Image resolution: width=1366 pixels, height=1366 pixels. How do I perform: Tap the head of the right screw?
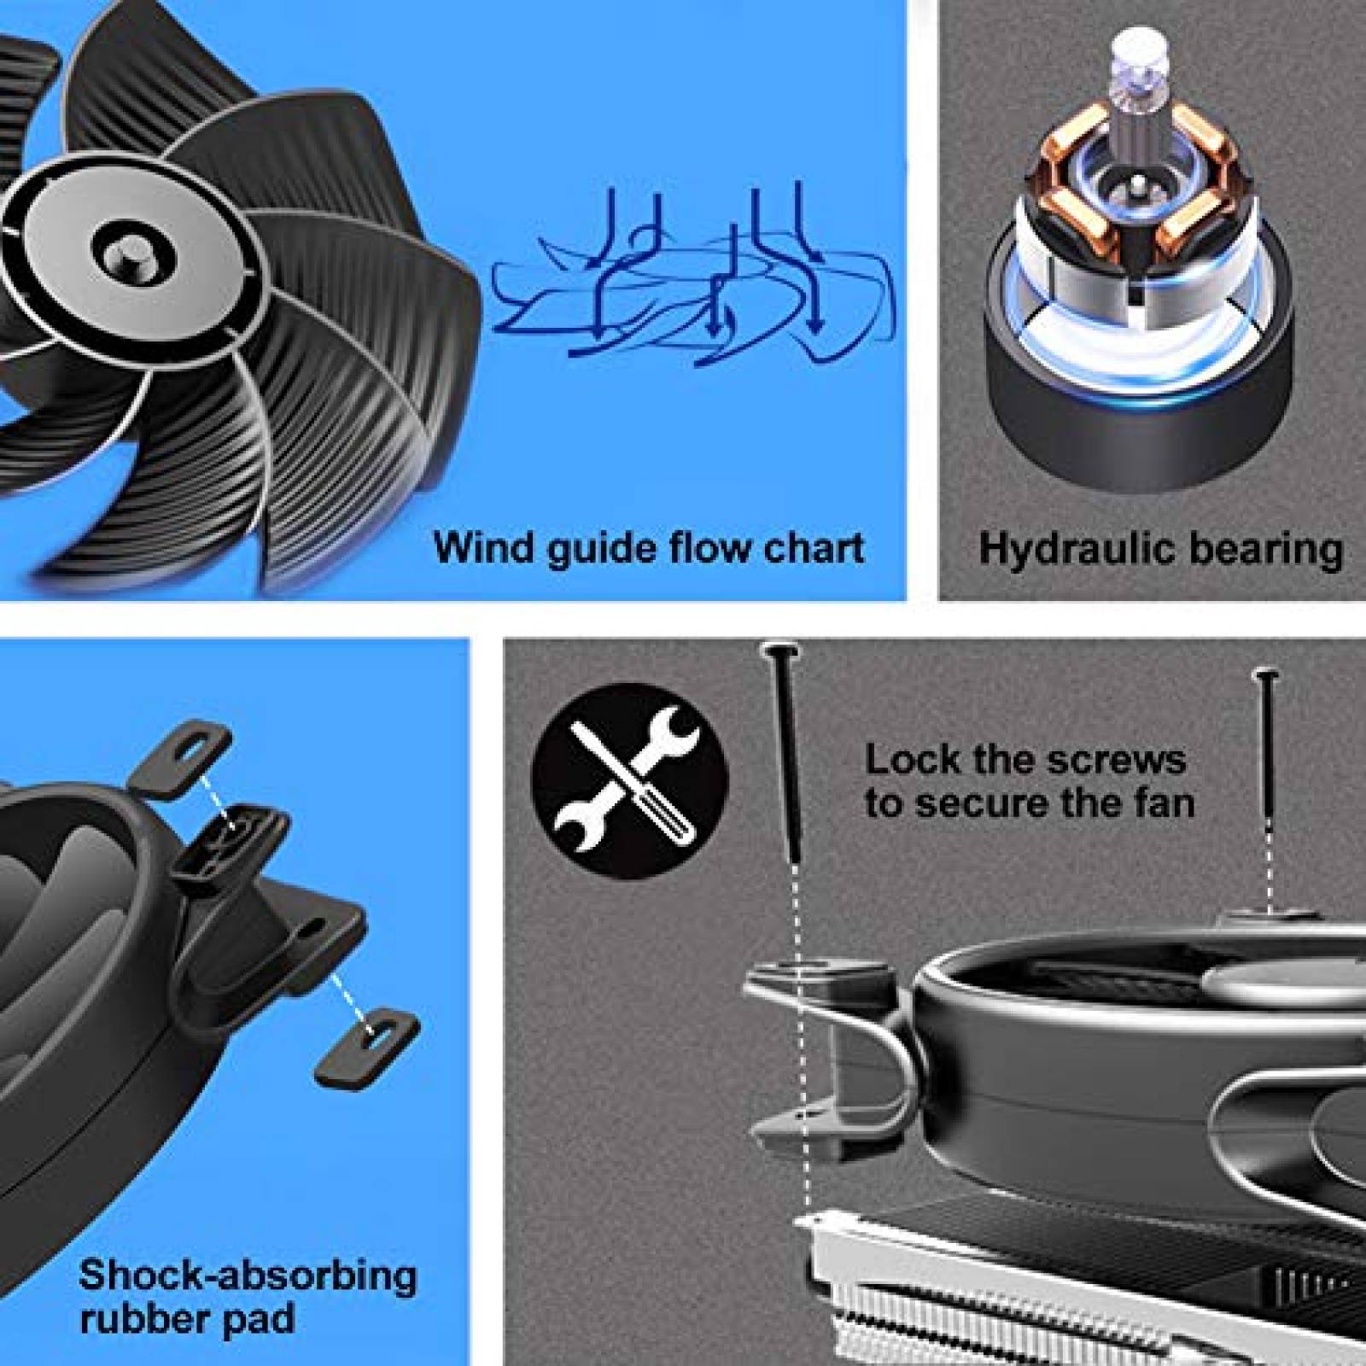[1265, 676]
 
